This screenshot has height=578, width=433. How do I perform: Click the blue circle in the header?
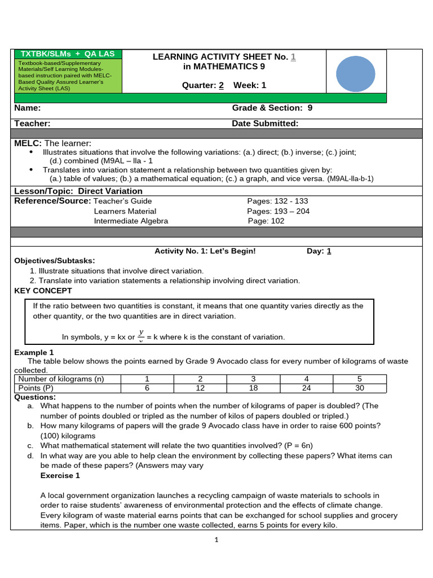click(356, 74)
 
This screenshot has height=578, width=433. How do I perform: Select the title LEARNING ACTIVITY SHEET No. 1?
click(224, 56)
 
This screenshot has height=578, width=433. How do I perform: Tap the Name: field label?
click(27, 108)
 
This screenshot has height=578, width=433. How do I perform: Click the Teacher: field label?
click(32, 123)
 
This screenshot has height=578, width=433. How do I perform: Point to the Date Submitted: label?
click(265, 123)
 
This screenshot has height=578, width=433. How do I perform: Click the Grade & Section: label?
click(267, 108)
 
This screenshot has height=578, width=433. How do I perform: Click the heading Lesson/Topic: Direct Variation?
click(78, 191)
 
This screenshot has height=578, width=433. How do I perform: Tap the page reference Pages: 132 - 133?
click(277, 201)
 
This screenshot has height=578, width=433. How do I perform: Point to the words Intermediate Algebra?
click(131, 221)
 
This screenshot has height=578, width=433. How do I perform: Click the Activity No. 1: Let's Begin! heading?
click(205, 251)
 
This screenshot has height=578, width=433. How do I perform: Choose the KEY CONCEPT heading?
click(43, 290)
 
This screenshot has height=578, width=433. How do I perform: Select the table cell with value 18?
click(253, 388)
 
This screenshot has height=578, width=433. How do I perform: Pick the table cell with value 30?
click(360, 388)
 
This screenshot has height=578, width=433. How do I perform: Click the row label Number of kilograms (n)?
click(61, 379)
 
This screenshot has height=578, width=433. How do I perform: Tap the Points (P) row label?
click(36, 388)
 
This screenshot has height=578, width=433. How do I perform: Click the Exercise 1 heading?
click(60, 475)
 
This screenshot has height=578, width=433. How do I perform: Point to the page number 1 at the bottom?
click(216, 540)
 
